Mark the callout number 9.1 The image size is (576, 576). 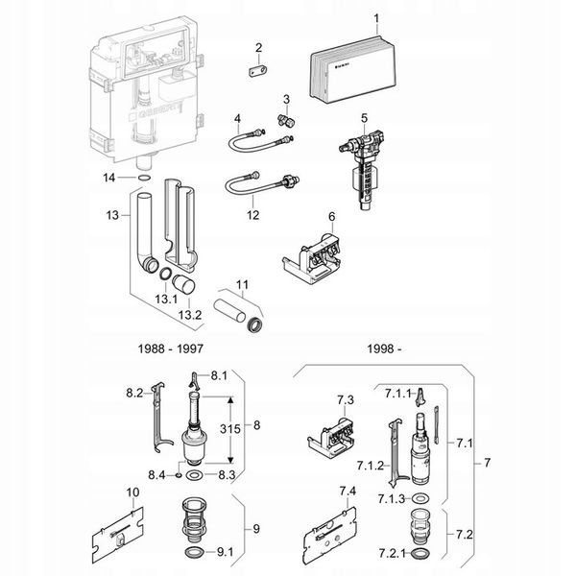tap(226, 552)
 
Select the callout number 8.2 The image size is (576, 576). tap(134, 393)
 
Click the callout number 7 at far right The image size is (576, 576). tap(487, 464)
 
